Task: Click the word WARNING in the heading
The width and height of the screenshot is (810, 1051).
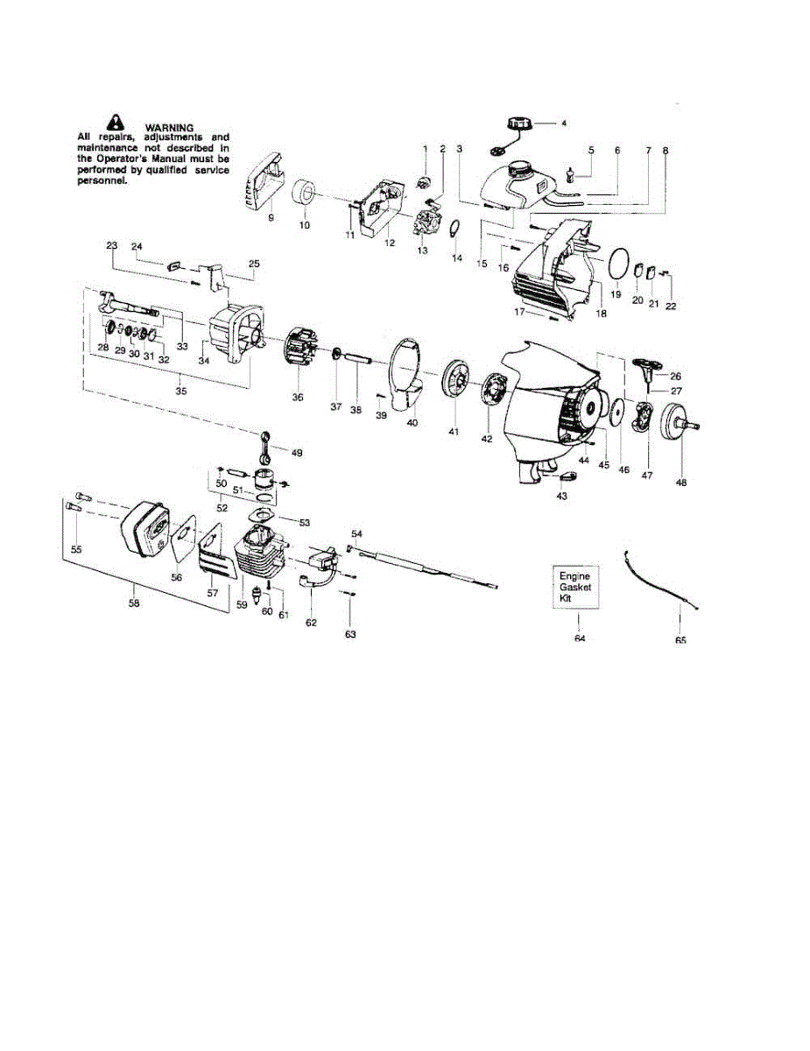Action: point(169,128)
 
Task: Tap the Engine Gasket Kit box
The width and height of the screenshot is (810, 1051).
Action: point(575,588)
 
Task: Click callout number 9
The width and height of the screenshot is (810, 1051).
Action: point(271,216)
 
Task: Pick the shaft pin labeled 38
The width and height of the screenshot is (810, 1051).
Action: point(359,359)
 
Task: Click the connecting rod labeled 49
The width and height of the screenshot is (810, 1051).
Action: point(269,445)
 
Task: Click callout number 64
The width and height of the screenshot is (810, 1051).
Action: point(580,638)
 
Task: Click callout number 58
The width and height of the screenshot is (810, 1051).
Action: point(133,603)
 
